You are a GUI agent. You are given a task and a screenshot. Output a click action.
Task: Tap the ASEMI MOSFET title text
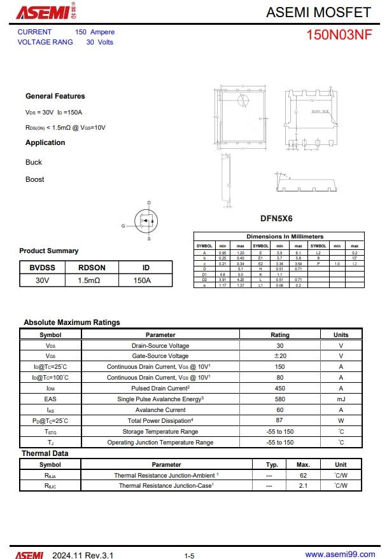[x=318, y=12]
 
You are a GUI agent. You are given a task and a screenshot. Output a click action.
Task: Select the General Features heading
[x=55, y=96]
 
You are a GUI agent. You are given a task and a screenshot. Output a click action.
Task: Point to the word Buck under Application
[x=34, y=162]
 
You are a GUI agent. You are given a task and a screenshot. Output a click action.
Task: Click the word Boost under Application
[x=35, y=179]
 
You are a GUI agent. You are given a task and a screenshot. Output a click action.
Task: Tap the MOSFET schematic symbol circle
[x=146, y=221]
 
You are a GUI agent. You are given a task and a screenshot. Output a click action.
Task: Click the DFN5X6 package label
[x=276, y=218]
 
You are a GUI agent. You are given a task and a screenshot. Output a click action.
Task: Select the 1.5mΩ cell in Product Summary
[x=92, y=280]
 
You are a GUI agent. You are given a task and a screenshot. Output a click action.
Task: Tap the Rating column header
[x=279, y=335]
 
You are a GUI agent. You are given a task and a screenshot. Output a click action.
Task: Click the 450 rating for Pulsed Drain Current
[x=279, y=388]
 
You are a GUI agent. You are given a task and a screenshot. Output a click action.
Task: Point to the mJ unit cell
[x=341, y=399]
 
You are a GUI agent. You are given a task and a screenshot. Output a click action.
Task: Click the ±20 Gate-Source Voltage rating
[x=279, y=355]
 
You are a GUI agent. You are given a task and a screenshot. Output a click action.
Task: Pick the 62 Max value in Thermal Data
[x=304, y=475]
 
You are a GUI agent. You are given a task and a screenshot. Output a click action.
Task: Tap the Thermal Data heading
[x=45, y=453]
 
